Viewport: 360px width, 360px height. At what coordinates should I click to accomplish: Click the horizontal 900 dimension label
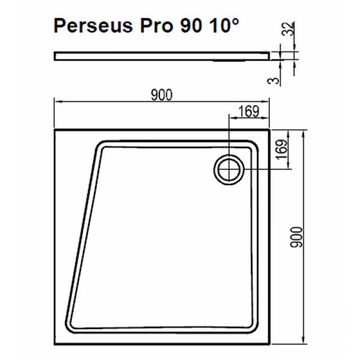(162, 95)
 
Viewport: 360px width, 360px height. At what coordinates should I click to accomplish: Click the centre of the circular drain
(229, 170)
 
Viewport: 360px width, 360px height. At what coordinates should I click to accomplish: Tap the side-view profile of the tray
(162, 56)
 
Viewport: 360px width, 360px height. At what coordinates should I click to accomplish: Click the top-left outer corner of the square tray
(55, 128)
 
